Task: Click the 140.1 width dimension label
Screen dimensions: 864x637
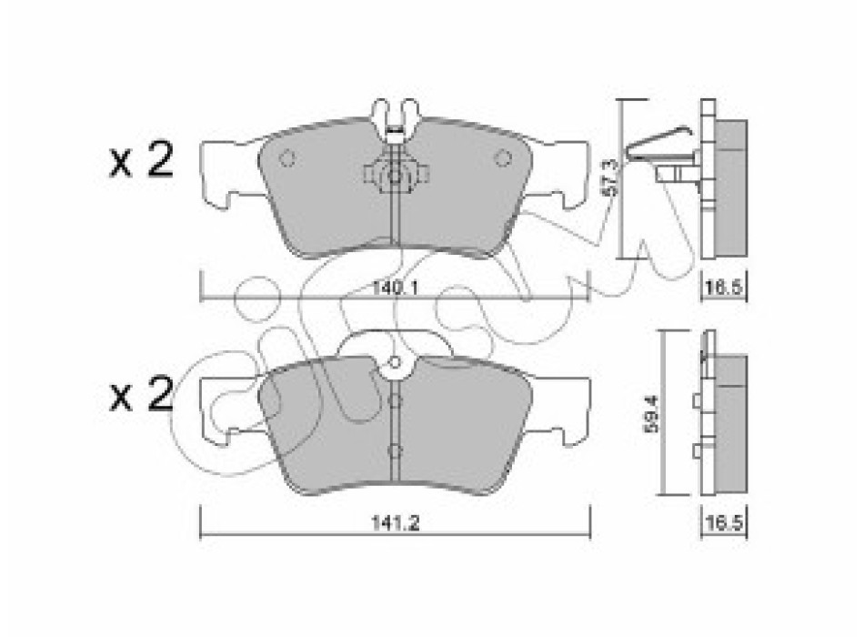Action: pyautogui.click(x=395, y=288)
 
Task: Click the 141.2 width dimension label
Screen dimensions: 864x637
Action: pyautogui.click(x=395, y=522)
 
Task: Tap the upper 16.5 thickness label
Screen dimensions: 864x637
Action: pyautogui.click(x=725, y=288)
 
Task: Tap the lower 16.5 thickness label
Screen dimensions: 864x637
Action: pyautogui.click(x=725, y=522)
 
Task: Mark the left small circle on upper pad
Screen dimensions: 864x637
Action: pyautogui.click(x=286, y=159)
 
